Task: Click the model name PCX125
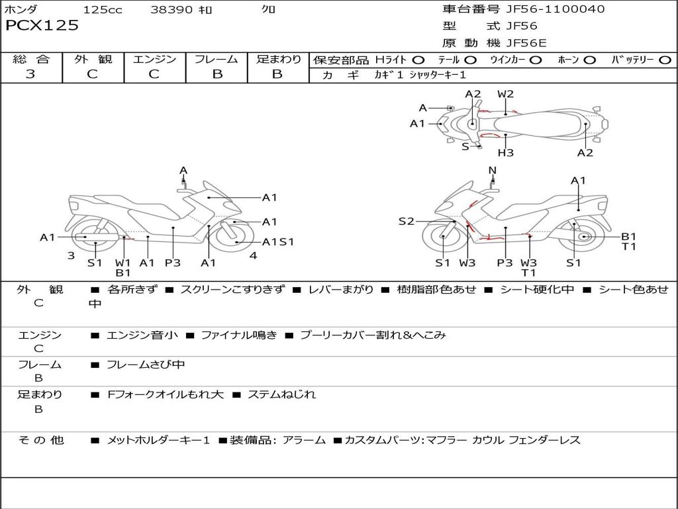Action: click(42, 26)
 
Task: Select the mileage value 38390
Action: click(171, 10)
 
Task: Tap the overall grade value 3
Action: click(30, 74)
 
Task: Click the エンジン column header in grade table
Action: click(154, 60)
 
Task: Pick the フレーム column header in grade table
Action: click(217, 60)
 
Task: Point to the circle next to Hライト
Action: click(418, 60)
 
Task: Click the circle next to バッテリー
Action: click(665, 60)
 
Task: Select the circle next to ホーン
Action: click(590, 60)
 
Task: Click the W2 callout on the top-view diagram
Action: click(506, 94)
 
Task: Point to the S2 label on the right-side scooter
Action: click(406, 221)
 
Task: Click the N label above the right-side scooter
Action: click(492, 170)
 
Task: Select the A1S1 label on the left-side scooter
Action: click(278, 242)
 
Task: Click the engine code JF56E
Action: click(526, 43)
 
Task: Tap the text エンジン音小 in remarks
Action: click(142, 335)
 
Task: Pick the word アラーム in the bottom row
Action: click(304, 440)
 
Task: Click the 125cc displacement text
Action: click(103, 10)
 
